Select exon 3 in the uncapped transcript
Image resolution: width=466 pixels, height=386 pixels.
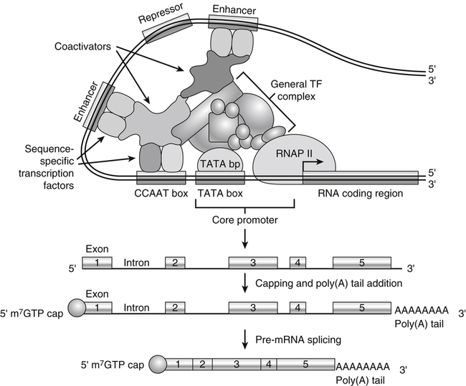point(252,263)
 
